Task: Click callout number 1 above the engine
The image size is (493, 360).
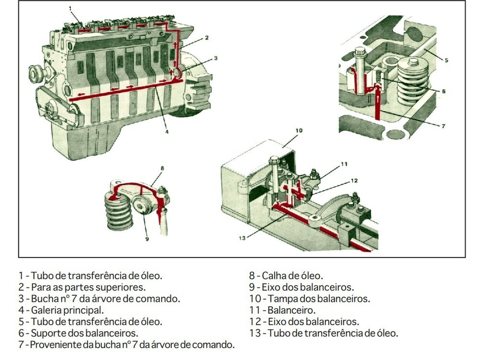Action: point(70,8)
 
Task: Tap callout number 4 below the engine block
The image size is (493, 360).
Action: point(167,131)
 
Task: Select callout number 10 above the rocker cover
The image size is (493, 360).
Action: point(298,130)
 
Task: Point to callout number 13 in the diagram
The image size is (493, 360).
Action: point(242,237)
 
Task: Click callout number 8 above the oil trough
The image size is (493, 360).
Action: point(163,168)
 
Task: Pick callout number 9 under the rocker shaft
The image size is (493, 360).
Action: point(147,238)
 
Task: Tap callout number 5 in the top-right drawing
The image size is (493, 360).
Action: point(446,60)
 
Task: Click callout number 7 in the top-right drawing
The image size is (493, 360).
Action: point(443,126)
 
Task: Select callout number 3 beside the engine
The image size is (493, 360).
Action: point(216,58)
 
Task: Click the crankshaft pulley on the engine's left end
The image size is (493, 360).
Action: point(37,75)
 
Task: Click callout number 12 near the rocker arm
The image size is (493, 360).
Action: point(354,180)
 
